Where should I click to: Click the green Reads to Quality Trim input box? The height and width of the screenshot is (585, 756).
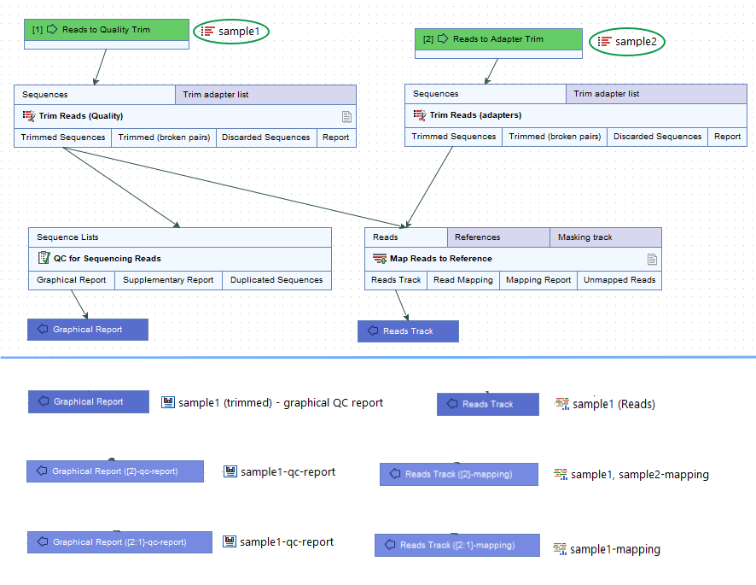(x=106, y=30)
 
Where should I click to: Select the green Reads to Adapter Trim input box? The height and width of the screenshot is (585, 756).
(x=498, y=39)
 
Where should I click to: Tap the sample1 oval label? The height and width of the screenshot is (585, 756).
(x=231, y=32)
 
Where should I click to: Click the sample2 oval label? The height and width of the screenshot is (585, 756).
(x=627, y=42)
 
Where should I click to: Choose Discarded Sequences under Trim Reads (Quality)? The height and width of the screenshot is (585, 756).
(x=265, y=137)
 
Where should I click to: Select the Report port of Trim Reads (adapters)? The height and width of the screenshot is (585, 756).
(x=727, y=137)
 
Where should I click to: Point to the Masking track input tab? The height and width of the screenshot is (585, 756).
(x=605, y=237)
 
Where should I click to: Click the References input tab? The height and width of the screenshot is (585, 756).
(x=497, y=237)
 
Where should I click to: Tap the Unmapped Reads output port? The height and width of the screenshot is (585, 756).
(x=619, y=280)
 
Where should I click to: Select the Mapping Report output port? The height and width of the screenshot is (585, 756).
(x=538, y=280)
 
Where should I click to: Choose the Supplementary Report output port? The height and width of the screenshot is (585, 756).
(x=168, y=280)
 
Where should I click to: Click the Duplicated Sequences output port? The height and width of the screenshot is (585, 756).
(x=276, y=280)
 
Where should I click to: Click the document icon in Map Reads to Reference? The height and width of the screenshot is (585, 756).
(x=652, y=259)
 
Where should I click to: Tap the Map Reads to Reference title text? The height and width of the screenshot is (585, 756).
(x=440, y=259)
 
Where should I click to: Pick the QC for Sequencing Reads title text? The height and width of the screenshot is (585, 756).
(x=107, y=259)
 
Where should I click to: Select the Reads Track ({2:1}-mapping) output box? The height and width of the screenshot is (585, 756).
(x=457, y=545)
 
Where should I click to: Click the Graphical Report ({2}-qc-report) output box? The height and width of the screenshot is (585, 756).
(x=114, y=471)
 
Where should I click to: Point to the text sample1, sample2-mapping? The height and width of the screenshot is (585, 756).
(x=639, y=475)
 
